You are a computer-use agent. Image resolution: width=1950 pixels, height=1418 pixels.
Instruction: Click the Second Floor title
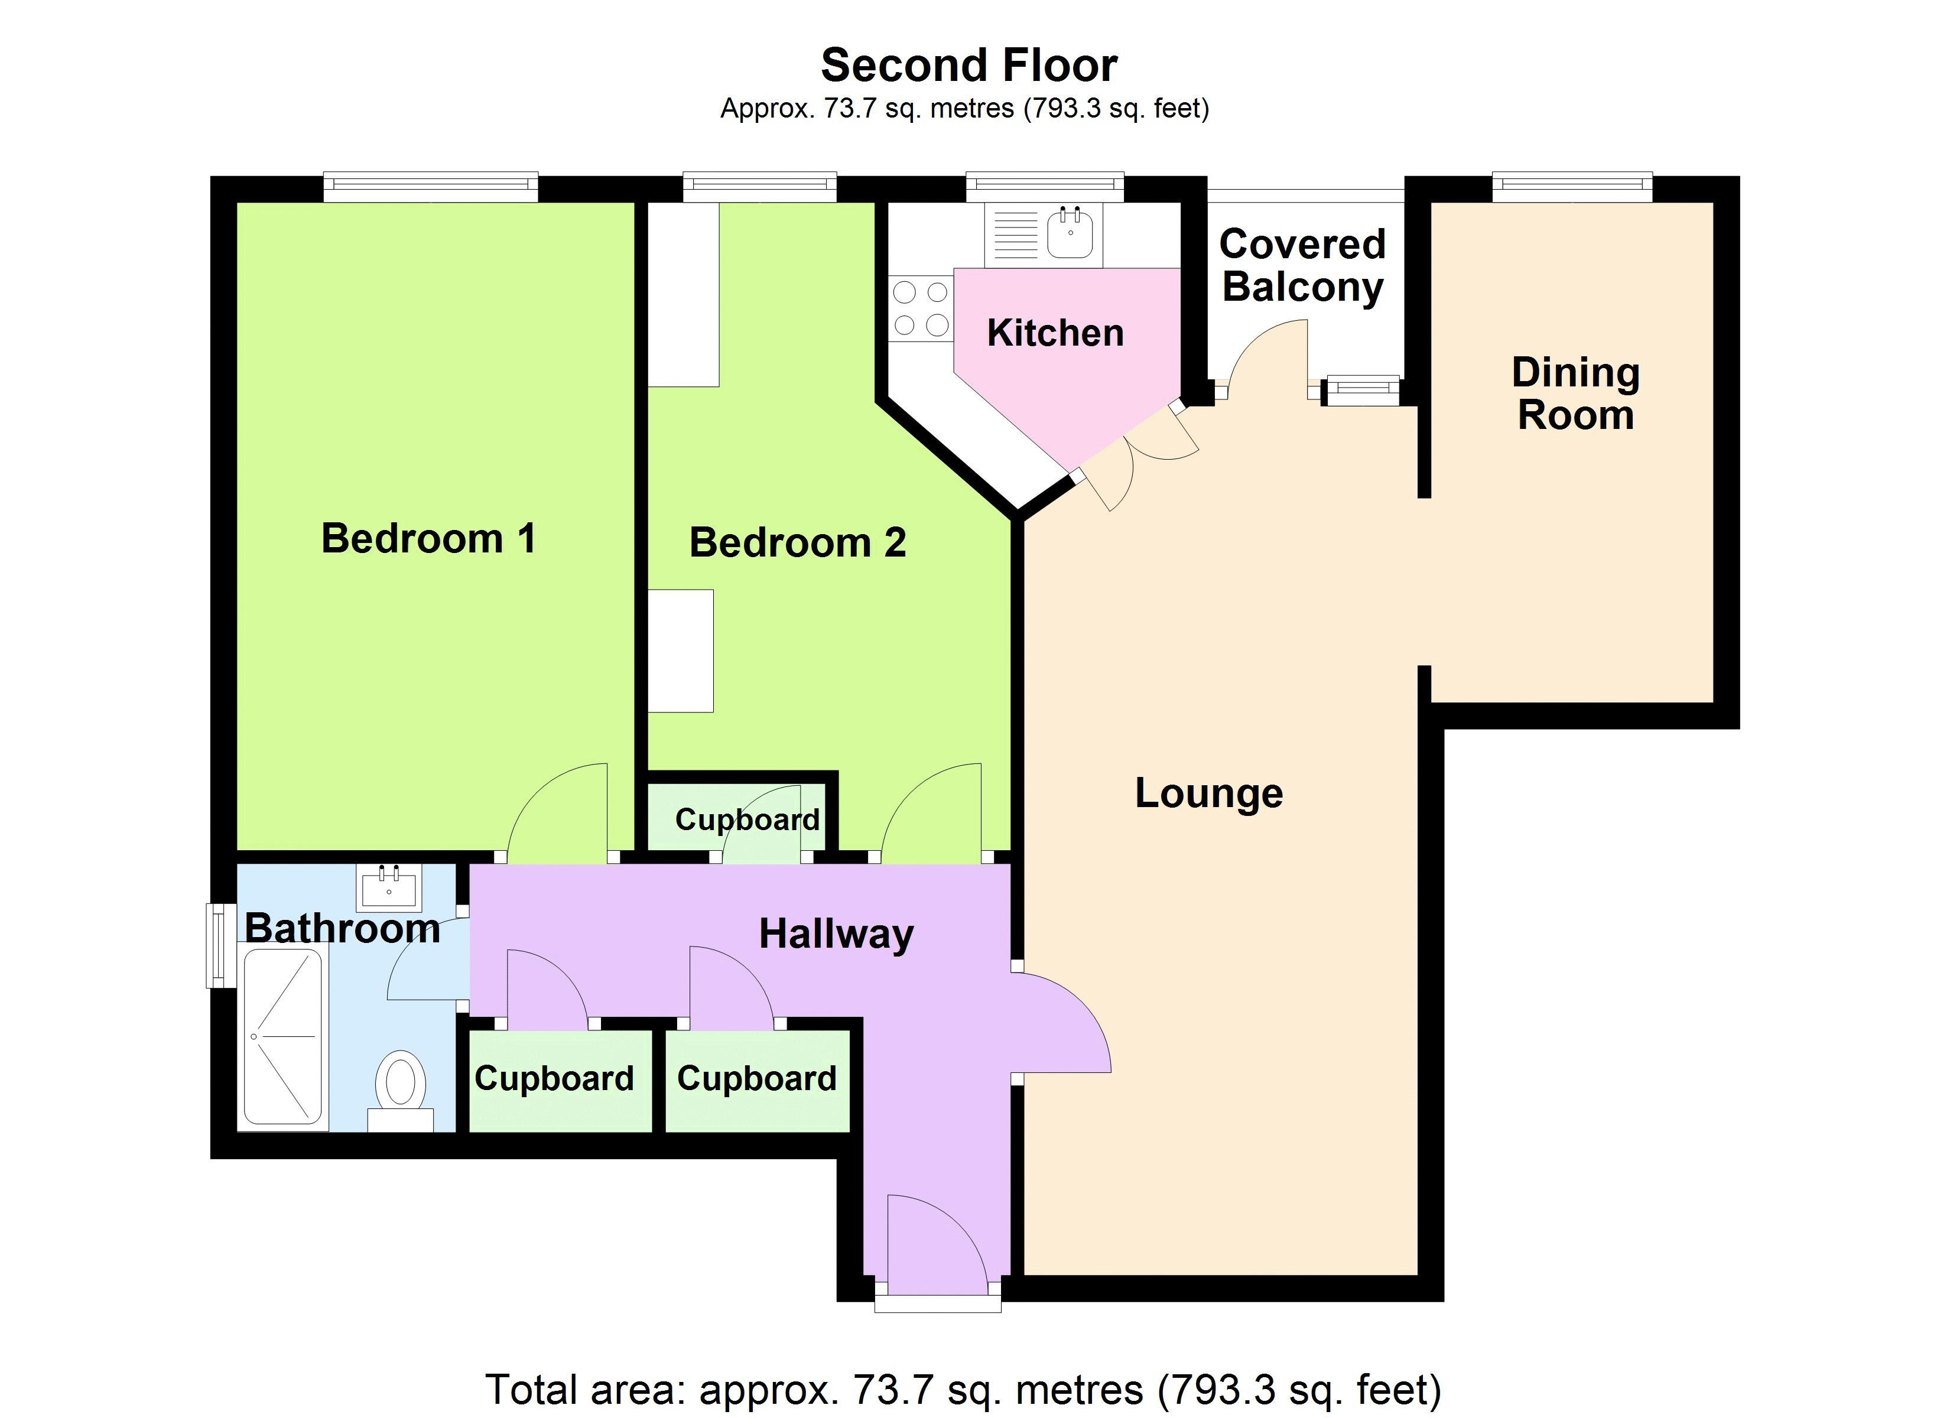pyautogui.click(x=969, y=66)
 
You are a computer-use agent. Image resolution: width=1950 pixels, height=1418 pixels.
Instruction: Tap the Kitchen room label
pyautogui.click(x=1055, y=333)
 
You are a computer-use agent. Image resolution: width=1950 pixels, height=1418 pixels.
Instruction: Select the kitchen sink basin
pyautogui.click(x=1071, y=232)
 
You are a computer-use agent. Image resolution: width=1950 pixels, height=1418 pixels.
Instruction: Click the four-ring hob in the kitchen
pyautogui.click(x=921, y=308)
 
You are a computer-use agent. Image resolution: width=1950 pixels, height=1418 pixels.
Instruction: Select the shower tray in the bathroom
pyautogui.click(x=283, y=1038)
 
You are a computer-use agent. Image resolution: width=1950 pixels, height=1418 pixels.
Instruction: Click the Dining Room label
pyautogui.click(x=1575, y=394)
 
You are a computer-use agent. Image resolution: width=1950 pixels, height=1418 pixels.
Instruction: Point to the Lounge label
pyautogui.click(x=1209, y=793)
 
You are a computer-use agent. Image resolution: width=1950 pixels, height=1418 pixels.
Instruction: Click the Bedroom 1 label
pyautogui.click(x=428, y=538)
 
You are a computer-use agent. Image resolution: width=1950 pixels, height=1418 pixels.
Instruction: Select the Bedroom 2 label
pyautogui.click(x=798, y=542)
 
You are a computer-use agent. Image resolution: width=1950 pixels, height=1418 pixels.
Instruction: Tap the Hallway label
pyautogui.click(x=836, y=935)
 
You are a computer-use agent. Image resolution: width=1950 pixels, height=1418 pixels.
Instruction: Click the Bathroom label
pyautogui.click(x=342, y=928)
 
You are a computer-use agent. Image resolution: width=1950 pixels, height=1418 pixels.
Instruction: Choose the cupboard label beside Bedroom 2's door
pyautogui.click(x=747, y=819)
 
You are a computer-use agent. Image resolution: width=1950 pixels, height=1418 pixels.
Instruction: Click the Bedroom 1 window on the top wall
pyautogui.click(x=431, y=187)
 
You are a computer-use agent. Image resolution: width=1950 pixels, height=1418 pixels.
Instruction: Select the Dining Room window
pyautogui.click(x=1572, y=187)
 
